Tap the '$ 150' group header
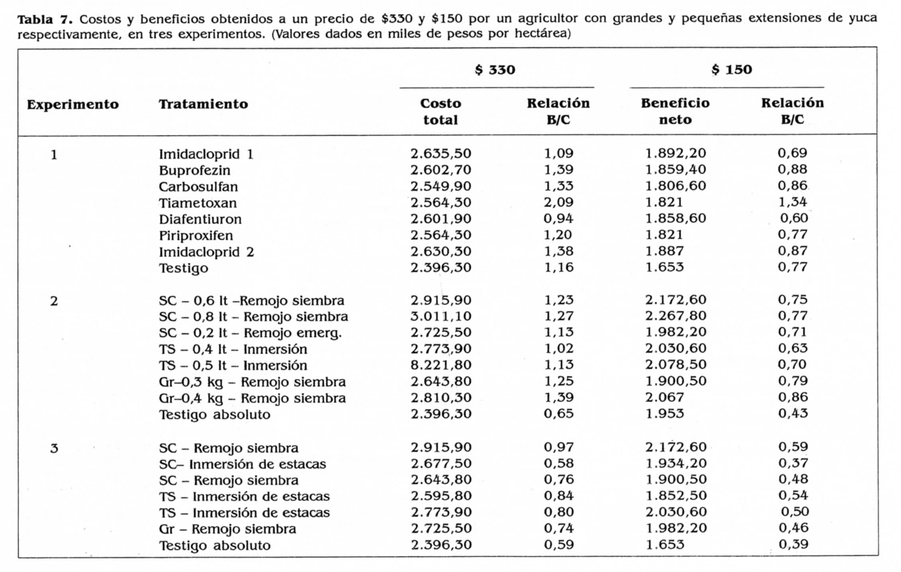(x=731, y=71)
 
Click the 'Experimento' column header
(x=73, y=104)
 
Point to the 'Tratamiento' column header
(x=203, y=104)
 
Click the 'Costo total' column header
(x=441, y=111)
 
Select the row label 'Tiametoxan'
(x=197, y=203)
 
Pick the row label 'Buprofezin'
(x=194, y=170)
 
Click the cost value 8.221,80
(x=441, y=366)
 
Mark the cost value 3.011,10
(x=441, y=317)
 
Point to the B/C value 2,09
(x=558, y=203)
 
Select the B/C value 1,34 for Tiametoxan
(x=792, y=203)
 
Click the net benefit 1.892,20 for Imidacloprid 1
(x=675, y=154)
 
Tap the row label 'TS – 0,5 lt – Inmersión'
(x=233, y=366)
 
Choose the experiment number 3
(x=53, y=448)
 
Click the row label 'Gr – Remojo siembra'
(x=228, y=529)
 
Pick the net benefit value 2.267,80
(x=675, y=317)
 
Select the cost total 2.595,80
(x=441, y=496)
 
